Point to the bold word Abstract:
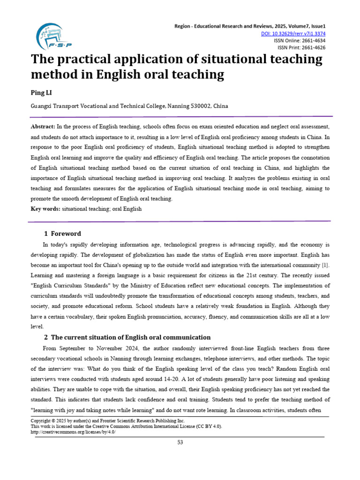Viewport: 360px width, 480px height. (x=43, y=127)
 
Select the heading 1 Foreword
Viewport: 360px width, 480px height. (x=62, y=233)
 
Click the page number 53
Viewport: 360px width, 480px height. (x=180, y=442)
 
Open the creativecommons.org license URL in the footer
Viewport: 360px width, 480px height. (x=73, y=432)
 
